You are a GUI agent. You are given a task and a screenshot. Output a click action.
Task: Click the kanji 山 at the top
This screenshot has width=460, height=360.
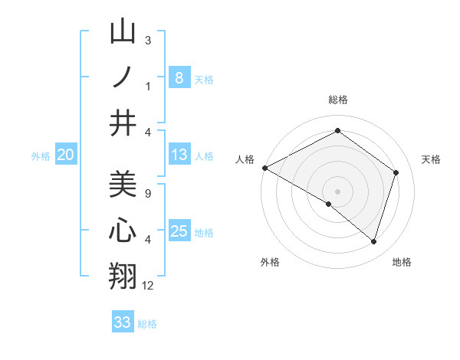pyautogui.click(x=123, y=33)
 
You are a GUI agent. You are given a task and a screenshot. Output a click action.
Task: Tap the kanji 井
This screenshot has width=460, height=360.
pyautogui.click(x=123, y=123)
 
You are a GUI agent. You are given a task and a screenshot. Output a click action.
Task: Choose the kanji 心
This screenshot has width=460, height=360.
pyautogui.click(x=123, y=231)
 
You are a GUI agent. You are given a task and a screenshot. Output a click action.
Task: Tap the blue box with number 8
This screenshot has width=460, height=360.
pyautogui.click(x=179, y=77)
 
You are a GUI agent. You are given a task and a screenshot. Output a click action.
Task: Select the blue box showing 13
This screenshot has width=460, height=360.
pyautogui.click(x=179, y=155)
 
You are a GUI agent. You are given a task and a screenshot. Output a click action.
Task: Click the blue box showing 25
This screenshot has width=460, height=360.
pyautogui.click(x=179, y=231)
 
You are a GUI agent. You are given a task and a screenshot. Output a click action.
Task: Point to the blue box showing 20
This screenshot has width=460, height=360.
pyautogui.click(x=65, y=155)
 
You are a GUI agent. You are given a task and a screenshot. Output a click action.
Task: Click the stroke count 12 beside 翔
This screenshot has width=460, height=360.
pyautogui.click(x=148, y=286)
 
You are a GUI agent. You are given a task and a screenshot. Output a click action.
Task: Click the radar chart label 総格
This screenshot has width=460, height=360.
pyautogui.click(x=338, y=100)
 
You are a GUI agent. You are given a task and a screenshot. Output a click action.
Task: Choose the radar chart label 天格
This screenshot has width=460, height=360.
pyautogui.click(x=432, y=159)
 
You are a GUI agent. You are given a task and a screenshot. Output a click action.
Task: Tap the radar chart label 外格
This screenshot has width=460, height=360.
pyautogui.click(x=270, y=262)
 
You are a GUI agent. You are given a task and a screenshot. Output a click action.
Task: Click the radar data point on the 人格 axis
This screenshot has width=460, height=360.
pyautogui.click(x=264, y=168)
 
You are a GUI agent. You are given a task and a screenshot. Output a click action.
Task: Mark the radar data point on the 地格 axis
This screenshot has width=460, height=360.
pyautogui.click(x=373, y=241)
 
